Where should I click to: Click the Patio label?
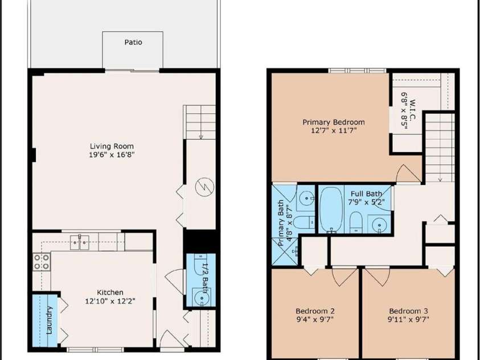133,42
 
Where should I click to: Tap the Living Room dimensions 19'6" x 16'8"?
112,154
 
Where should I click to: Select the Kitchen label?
110,292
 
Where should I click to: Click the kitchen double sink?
80,242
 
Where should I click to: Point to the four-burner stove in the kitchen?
42,261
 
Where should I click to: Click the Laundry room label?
50,320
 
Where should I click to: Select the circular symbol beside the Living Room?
204,187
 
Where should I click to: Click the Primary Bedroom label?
333,122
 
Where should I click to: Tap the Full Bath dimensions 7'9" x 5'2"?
366,202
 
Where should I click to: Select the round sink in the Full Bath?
379,224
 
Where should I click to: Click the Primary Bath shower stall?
284,252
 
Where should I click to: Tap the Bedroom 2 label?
315,312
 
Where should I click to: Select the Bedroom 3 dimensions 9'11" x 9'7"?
408,320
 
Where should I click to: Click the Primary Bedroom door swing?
408,173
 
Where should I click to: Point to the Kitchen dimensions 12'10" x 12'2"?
110,301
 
